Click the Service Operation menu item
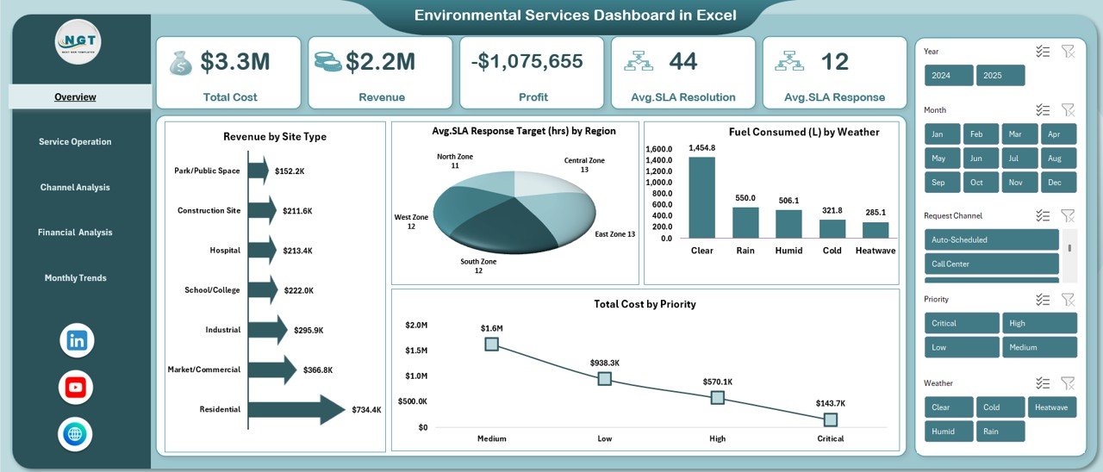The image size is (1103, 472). point(75,142)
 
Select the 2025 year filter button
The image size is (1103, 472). point(1000,76)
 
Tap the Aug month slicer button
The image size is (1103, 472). point(1058,158)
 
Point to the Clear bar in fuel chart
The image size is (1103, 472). point(701,196)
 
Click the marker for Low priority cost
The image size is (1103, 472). point(604,378)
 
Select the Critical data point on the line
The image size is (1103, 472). point(830,419)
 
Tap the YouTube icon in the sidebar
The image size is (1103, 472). point(76,388)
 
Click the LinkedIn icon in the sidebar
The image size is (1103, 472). point(77,340)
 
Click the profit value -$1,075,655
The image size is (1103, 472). point(527,62)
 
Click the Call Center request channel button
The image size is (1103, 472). point(991,264)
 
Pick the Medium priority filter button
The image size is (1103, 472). point(1038,347)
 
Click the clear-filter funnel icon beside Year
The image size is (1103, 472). point(1068,52)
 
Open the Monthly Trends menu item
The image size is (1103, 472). point(76,278)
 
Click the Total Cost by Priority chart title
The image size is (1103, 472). point(645,304)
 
